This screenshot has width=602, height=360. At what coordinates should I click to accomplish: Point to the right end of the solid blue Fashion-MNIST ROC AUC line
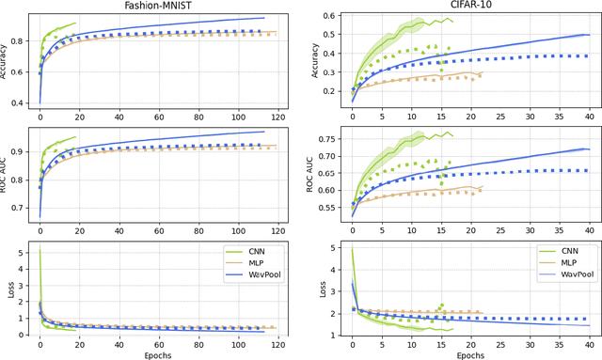click(264, 133)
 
